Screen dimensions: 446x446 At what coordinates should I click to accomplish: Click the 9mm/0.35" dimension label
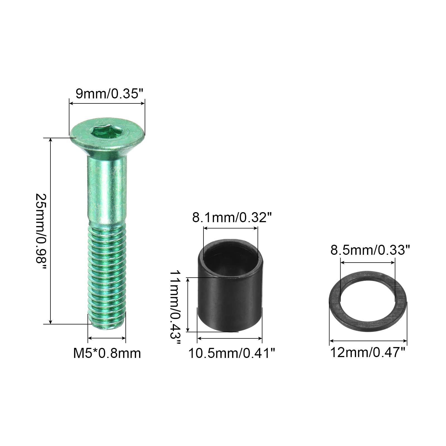tap(107, 94)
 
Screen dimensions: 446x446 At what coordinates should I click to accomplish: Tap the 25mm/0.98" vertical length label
tap(42, 231)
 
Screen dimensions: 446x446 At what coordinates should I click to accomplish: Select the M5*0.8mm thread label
tap(107, 354)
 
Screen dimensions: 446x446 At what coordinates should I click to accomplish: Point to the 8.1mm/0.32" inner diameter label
tap(232, 217)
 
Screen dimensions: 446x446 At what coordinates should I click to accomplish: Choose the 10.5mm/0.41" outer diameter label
tap(232, 354)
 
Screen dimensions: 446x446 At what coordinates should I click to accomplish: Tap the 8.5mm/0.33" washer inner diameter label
tap(370, 250)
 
